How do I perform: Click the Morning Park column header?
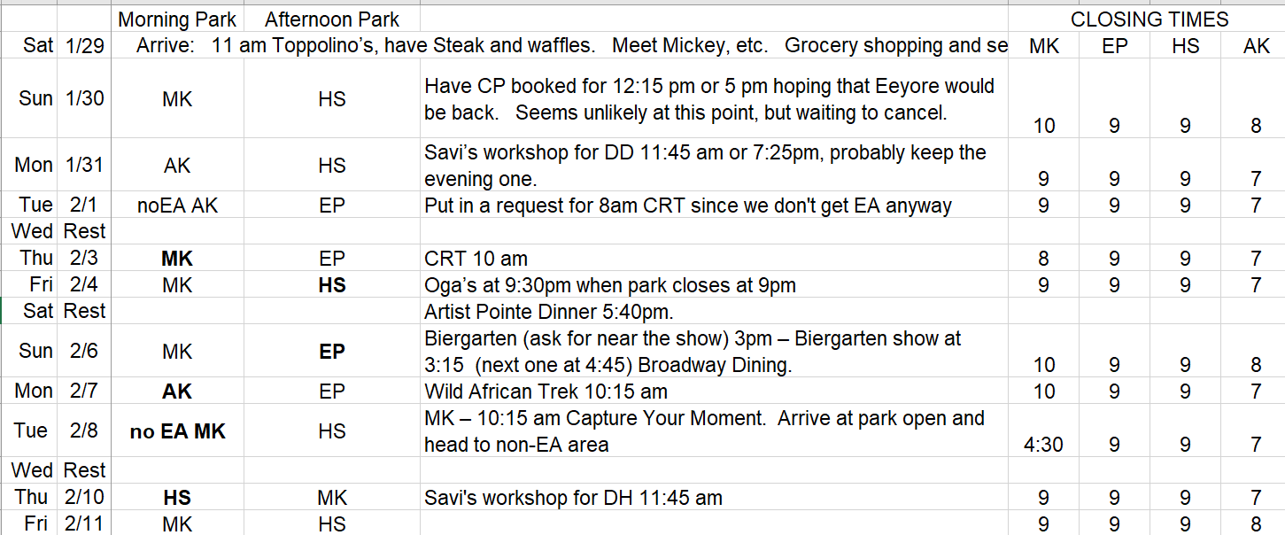tap(177, 19)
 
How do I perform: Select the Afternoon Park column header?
tap(331, 19)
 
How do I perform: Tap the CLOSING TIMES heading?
tap(1149, 19)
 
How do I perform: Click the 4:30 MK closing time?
tap(1043, 445)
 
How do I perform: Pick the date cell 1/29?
tap(84, 45)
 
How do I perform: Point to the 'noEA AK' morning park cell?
tap(177, 205)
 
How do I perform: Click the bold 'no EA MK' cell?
tap(177, 431)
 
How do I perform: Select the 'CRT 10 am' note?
tap(476, 259)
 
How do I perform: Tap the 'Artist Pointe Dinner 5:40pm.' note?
tap(549, 312)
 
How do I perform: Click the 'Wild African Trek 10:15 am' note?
tap(546, 392)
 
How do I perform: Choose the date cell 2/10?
tap(84, 497)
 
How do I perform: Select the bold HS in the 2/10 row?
tap(177, 498)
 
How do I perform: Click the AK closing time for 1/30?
tap(1256, 126)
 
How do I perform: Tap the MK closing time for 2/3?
tap(1043, 259)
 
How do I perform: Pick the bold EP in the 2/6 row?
tap(332, 352)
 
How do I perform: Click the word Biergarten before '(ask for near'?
tap(470, 338)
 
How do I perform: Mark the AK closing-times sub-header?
tap(1257, 46)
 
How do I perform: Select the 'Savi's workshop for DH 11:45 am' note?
tap(574, 498)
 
